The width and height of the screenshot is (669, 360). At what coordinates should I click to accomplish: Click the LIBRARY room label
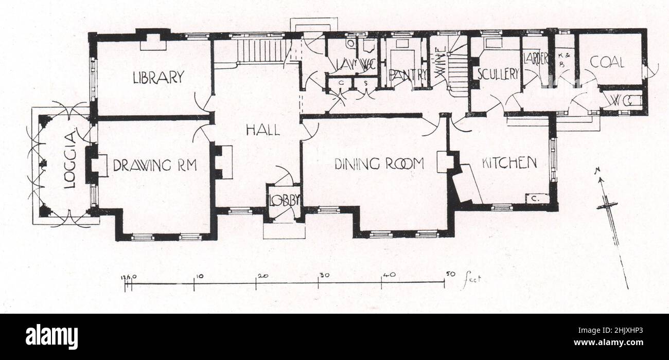tap(158, 78)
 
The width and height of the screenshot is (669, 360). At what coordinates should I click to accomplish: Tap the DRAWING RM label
tap(155, 165)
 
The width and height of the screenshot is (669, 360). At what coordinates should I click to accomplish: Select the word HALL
tap(262, 130)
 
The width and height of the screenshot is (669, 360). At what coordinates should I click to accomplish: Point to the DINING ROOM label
tap(379, 164)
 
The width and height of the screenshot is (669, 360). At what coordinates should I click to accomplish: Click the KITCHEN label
tap(509, 163)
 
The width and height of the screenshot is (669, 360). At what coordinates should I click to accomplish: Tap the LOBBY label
tap(283, 201)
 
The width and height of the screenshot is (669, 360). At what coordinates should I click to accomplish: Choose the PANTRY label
tap(408, 75)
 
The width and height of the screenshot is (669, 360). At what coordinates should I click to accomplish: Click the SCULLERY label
tap(498, 74)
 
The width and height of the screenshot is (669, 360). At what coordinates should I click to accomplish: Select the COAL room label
tap(607, 63)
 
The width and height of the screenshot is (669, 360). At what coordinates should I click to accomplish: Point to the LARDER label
tap(535, 59)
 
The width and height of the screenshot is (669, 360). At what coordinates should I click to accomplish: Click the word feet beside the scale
tap(471, 280)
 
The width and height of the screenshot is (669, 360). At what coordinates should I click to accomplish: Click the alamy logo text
tap(51, 337)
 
